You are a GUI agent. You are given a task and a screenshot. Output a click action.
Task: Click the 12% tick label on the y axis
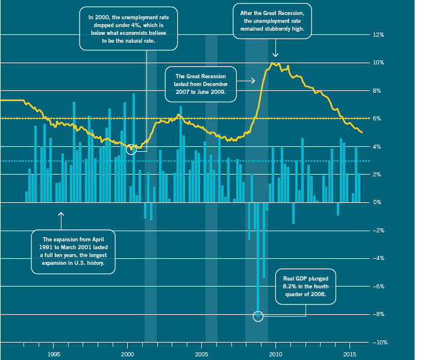coord(378,35)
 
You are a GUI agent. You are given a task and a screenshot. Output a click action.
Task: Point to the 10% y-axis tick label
coord(378,63)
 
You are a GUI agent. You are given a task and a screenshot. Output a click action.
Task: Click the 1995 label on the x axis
coord(53,353)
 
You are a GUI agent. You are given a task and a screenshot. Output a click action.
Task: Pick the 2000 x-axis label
coord(127,353)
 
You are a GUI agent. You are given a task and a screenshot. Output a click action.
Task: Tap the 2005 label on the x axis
coord(202,353)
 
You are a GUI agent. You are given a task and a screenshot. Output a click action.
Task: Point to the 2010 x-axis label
coord(276,353)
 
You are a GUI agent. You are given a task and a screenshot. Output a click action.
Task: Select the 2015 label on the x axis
coord(350,353)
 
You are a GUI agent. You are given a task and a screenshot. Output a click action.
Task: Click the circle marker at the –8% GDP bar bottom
coord(258,316)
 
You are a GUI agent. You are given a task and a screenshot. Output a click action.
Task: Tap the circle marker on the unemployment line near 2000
coord(132,148)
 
